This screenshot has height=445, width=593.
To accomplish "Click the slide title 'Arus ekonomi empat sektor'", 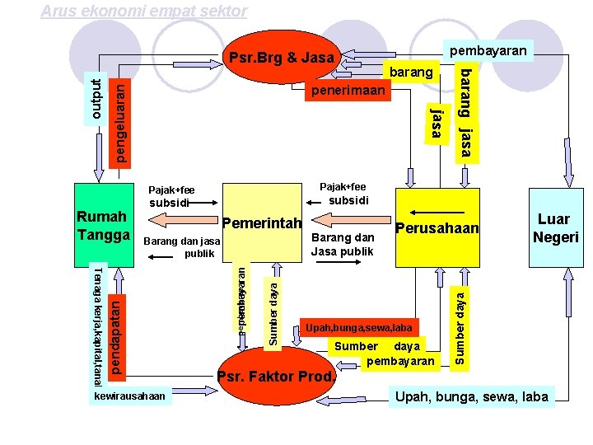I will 143,11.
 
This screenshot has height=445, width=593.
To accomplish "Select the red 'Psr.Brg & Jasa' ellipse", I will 282,58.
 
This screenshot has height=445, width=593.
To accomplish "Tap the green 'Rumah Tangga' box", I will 102,225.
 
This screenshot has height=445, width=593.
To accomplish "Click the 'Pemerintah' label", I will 263,223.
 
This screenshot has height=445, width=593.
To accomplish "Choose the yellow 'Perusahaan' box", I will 437,227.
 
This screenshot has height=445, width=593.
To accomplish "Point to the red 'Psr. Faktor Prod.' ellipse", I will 278,377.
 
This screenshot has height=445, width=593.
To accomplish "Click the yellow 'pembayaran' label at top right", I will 488,51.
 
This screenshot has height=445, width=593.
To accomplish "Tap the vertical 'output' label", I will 96,97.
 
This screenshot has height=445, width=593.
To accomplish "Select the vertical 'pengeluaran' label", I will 119,121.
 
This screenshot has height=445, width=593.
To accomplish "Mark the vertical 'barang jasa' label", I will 465,112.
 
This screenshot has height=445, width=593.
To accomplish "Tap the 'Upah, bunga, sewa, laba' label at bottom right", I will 471,397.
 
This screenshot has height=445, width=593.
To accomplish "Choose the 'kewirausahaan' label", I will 129,396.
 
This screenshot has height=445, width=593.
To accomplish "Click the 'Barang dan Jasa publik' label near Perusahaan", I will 342,245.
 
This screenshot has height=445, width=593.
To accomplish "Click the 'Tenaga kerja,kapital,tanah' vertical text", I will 96,326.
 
